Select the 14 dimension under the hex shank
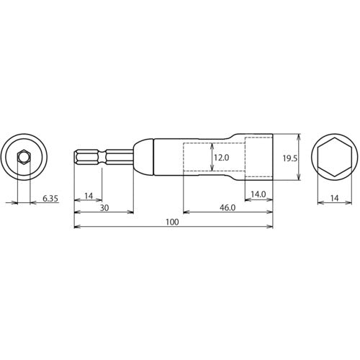coord(87,196)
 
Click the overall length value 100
coord(172,223)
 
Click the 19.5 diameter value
coord(287,157)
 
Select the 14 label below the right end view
coord(336,196)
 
